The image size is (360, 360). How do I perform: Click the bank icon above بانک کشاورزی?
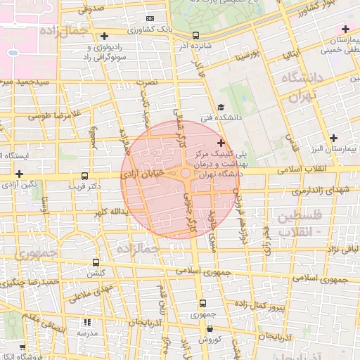[149, 18]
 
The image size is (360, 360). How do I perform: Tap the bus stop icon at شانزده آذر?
[195, 35]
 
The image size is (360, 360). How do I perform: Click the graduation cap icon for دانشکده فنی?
[221, 108]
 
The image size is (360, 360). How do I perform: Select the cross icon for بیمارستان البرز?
[333, 138]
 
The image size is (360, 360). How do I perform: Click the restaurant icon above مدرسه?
[88, 322]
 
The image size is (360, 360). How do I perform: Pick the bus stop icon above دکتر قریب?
[85, 176]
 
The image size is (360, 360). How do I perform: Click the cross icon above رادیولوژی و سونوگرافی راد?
[104, 36]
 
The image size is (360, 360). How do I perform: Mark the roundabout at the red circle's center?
[185, 173]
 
